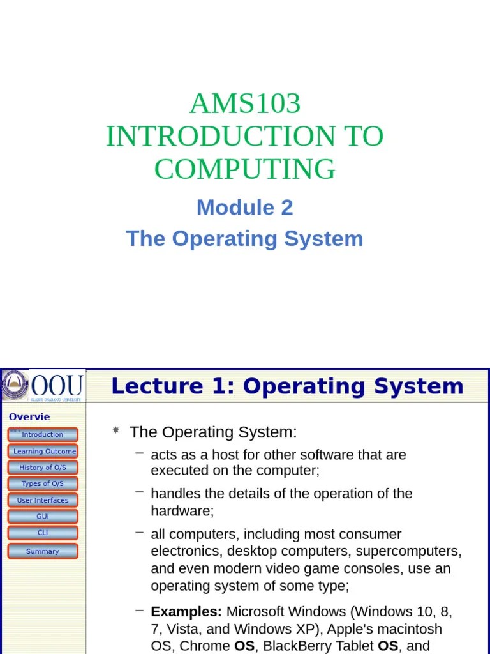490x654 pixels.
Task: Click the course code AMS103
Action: (x=245, y=103)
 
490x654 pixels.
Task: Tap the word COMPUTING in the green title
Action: (x=245, y=169)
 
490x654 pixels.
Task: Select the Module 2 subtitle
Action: (x=245, y=207)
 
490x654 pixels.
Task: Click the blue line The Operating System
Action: (x=245, y=238)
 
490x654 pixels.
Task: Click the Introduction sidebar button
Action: (x=43, y=435)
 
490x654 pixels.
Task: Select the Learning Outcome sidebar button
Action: (x=43, y=451)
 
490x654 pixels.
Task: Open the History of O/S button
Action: (x=43, y=468)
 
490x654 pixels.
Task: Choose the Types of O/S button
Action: (x=43, y=484)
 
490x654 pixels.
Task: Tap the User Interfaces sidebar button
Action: (x=43, y=501)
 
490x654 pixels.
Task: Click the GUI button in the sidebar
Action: (x=43, y=517)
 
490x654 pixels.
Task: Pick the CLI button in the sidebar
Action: (x=43, y=533)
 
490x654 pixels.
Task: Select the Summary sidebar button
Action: (x=43, y=551)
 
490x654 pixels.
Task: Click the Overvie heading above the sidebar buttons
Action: (x=29, y=417)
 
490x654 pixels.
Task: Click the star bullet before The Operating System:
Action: (x=115, y=431)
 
